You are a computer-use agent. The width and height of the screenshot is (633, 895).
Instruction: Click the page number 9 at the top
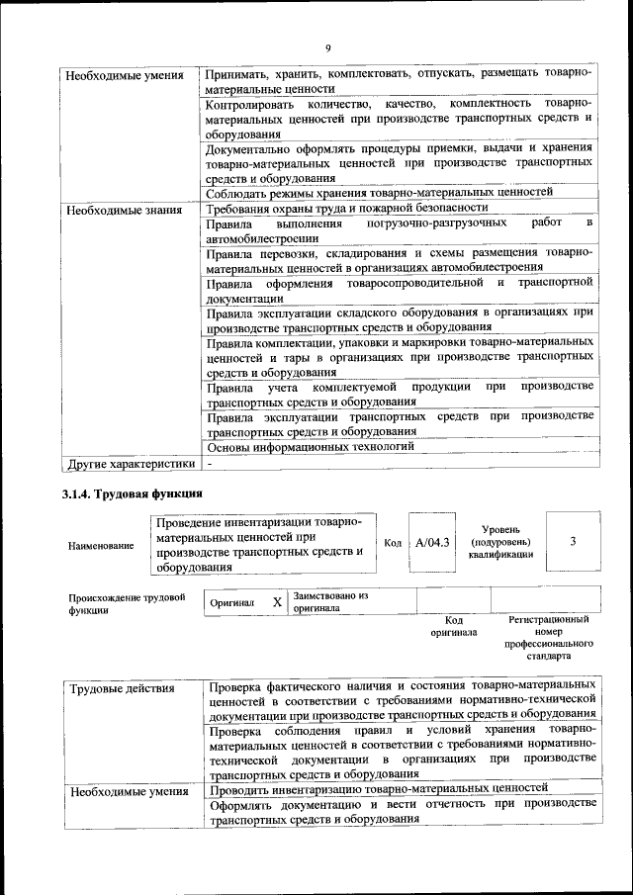coord(327,47)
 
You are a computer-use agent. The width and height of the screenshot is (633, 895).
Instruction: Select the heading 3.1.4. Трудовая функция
coord(135,492)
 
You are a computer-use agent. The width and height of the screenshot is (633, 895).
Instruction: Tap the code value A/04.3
coord(432,542)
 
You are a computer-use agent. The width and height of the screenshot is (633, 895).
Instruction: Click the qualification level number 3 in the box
coord(574,541)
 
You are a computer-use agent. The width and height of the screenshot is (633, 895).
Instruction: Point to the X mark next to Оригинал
coord(277,601)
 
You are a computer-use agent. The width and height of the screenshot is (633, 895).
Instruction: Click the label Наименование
coord(101,545)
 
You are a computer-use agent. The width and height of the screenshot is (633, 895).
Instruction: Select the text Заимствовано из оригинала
coord(330,602)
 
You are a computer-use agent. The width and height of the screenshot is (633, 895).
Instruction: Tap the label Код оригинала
coord(453,626)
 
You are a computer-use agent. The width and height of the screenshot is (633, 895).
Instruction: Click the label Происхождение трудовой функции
coord(127,603)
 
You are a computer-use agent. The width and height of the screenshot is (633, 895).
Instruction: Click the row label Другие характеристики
coord(131,463)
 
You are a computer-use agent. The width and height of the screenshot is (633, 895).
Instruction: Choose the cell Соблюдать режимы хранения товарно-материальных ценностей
coord(379,192)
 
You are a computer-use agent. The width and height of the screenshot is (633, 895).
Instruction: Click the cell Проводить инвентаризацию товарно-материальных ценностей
coord(379,787)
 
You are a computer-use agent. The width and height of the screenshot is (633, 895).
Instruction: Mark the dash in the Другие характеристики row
coord(210,463)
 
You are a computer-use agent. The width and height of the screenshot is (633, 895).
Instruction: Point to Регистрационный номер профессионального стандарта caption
coord(548,637)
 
